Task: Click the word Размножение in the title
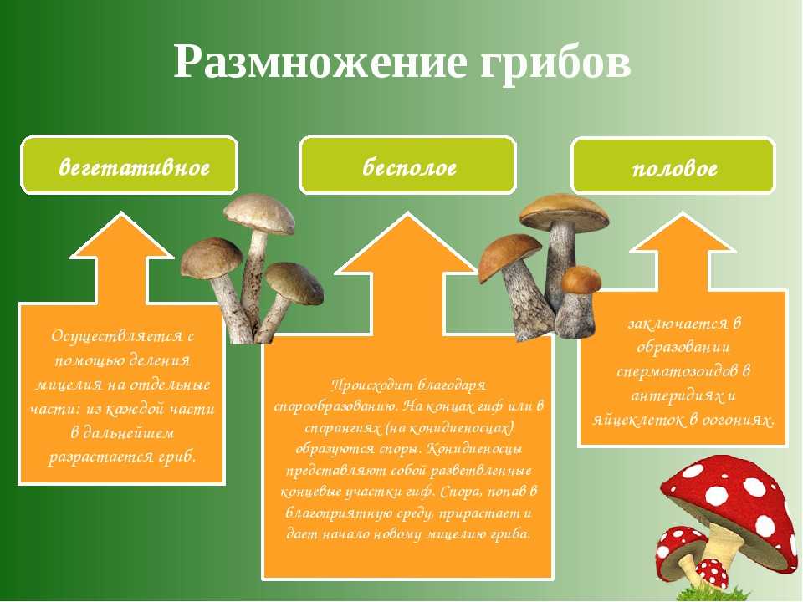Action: (x=320, y=63)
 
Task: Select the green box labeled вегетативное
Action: (x=129, y=165)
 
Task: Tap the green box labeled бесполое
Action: (x=407, y=165)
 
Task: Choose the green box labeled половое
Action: (x=673, y=166)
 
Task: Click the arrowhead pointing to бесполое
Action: (x=407, y=243)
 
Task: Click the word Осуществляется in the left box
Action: (x=116, y=336)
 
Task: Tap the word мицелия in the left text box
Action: (x=65, y=385)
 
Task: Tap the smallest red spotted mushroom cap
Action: (x=712, y=572)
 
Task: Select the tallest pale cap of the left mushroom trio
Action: (x=259, y=212)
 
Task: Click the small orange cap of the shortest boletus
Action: (x=581, y=280)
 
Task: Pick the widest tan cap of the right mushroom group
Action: (x=565, y=212)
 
